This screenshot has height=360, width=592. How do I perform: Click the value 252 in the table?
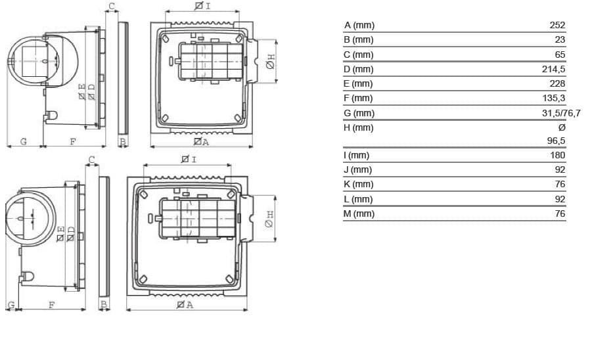click(557, 25)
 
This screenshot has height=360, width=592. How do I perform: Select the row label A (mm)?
click(359, 25)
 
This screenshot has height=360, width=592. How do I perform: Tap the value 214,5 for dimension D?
click(553, 69)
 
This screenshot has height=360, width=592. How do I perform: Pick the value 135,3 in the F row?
click(553, 98)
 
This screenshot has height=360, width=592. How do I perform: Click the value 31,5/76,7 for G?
click(561, 113)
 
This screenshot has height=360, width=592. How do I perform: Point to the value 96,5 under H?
click(556, 141)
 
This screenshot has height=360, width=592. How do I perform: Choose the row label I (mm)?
click(356, 155)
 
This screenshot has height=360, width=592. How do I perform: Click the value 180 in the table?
click(557, 155)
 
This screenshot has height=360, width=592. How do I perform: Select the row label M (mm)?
click(359, 214)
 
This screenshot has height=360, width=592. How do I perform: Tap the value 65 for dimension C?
click(560, 55)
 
